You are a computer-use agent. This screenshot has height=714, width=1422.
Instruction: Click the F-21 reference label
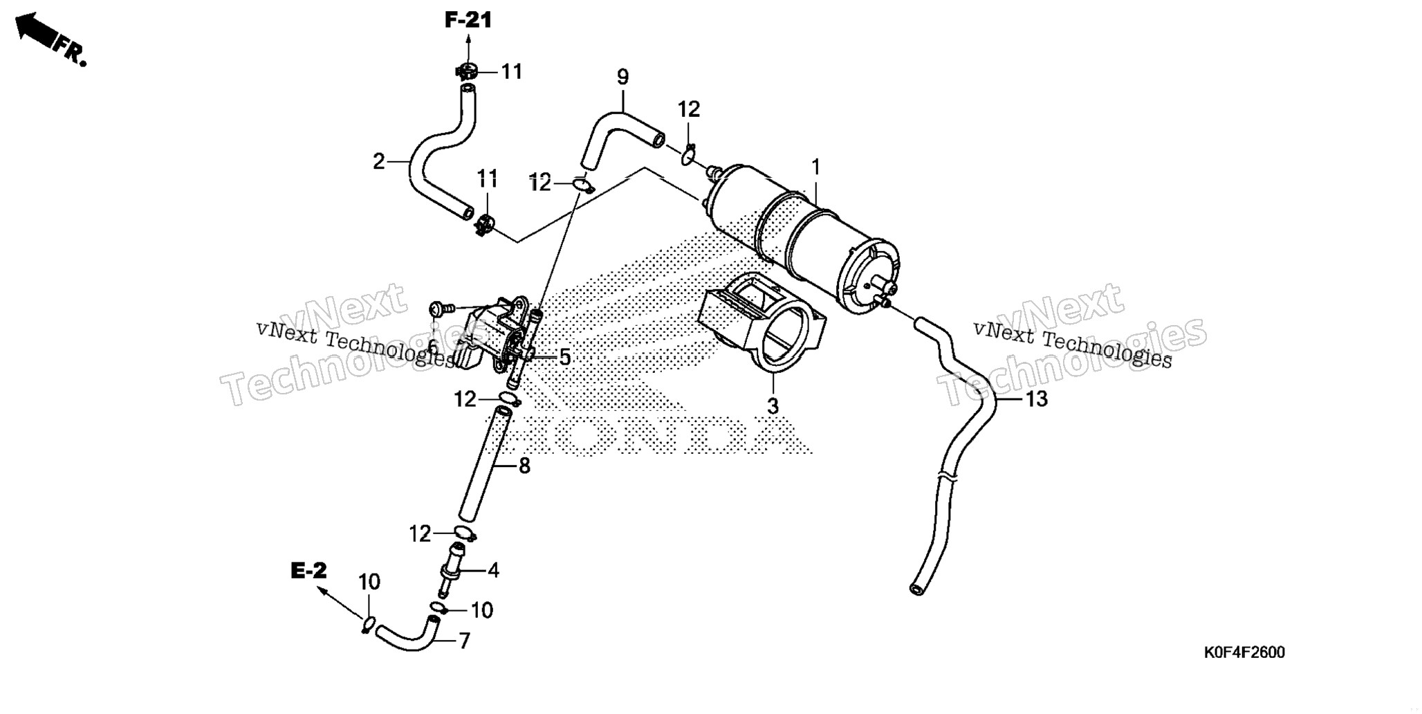[x=468, y=21]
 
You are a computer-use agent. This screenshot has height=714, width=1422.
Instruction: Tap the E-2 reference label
[x=308, y=571]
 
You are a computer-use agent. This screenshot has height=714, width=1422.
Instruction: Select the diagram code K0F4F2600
[x=1244, y=652]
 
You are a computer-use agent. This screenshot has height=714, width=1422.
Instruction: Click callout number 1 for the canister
[x=816, y=167]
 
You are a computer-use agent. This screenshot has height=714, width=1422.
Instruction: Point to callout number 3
[x=773, y=406]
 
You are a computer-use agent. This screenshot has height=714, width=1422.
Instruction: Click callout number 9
[x=622, y=77]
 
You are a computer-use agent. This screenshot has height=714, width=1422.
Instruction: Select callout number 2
[x=378, y=162]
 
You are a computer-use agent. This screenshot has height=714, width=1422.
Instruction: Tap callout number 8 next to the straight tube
[x=524, y=466]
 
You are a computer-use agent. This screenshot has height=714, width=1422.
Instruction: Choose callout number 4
[x=493, y=571]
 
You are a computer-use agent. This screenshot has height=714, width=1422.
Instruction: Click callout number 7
[x=465, y=641]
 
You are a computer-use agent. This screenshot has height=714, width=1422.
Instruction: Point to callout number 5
[x=564, y=358]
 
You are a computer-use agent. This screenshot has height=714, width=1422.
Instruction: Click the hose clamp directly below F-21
[x=467, y=71]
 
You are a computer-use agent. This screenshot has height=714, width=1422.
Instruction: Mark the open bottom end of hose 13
[x=916, y=589]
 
